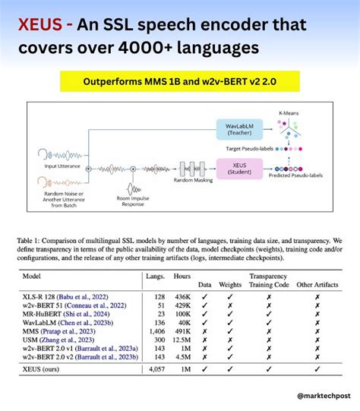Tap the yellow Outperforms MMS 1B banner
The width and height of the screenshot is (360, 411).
pos(179,80)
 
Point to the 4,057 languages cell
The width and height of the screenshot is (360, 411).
pos(156,369)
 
